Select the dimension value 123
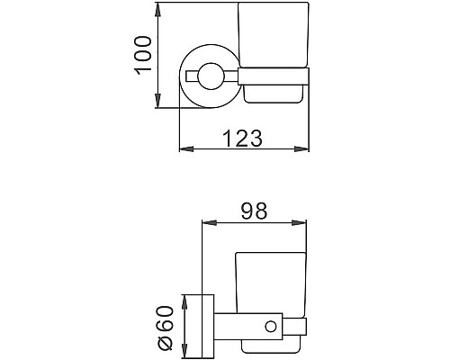244,138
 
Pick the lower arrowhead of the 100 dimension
158,107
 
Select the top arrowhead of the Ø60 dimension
184,299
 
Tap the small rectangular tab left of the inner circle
190,76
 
